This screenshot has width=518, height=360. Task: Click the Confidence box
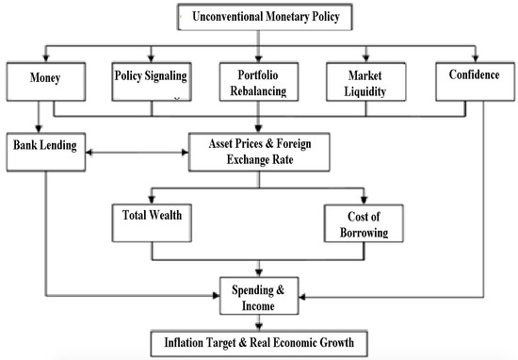click(474, 78)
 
